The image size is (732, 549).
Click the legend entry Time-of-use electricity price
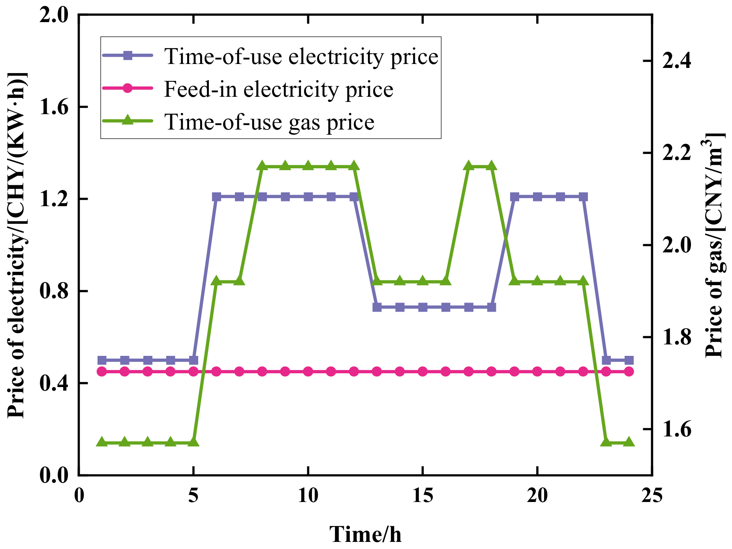[x=301, y=56]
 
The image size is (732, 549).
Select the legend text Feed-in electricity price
[x=278, y=89]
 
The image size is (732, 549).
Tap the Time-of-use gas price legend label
[x=269, y=122]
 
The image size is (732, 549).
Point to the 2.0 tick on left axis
[x=54, y=16]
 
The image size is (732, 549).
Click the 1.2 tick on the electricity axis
[x=54, y=199]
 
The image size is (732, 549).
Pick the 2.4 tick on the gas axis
[x=677, y=61]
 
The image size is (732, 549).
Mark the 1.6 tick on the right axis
[x=677, y=429]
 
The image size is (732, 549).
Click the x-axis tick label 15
[x=422, y=496]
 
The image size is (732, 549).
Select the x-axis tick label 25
[x=651, y=496]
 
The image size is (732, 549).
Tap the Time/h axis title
[x=365, y=534]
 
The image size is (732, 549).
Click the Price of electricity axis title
[x=18, y=245]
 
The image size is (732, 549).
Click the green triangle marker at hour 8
[x=262, y=166]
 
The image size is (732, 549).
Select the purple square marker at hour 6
[x=216, y=197]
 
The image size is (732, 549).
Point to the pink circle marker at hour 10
[x=308, y=371]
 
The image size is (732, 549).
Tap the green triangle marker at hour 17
[x=469, y=166]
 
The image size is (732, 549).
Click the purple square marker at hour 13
[x=377, y=307]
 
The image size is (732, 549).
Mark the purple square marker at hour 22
[x=583, y=197]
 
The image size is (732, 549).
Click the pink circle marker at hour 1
[x=102, y=371]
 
